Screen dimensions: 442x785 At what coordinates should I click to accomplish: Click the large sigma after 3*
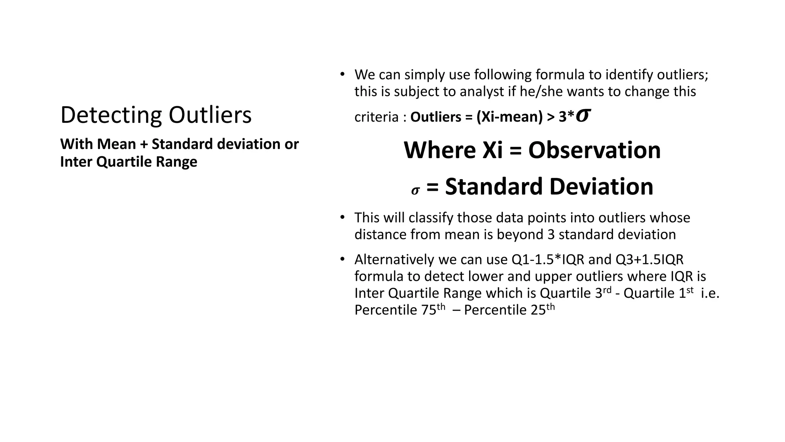(583, 115)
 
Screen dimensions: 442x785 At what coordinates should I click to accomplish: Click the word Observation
(594, 150)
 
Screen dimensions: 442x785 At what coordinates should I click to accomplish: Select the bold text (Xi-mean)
(509, 117)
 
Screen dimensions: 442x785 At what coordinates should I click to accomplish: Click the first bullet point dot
(342, 74)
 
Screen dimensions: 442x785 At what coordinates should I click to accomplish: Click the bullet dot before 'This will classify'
(342, 217)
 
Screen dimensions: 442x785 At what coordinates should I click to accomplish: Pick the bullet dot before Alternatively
(342, 259)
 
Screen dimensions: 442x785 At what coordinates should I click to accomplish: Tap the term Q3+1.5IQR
(649, 260)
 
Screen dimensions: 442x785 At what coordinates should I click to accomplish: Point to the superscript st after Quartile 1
(690, 290)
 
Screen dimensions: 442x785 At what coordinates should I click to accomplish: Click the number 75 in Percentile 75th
(429, 310)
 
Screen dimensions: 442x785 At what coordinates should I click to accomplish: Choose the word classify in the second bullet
(431, 218)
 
